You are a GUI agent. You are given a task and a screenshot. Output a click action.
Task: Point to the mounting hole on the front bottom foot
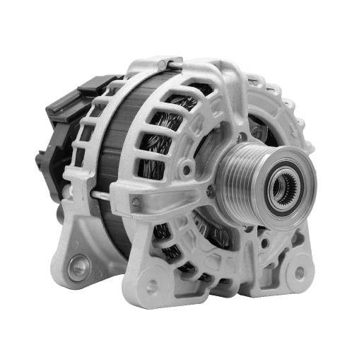click(151, 286)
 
